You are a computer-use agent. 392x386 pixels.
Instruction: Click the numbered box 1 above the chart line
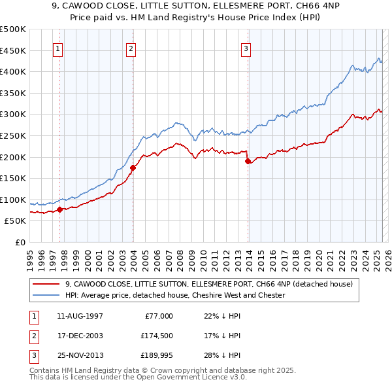58,48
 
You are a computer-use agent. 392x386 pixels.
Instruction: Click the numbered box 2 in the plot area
131,48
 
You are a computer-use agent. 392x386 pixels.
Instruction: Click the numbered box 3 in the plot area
246,48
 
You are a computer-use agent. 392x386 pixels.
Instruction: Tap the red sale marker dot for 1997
59,209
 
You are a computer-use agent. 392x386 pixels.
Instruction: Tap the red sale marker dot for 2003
133,167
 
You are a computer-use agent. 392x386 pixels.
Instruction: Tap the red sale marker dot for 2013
248,161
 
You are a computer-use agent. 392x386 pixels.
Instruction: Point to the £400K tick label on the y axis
13,71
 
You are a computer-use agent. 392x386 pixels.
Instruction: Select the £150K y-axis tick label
13,178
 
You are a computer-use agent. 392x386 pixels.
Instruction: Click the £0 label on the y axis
20,242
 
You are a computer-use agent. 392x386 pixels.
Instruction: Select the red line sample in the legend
46,285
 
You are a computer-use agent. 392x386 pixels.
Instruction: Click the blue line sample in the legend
46,295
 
